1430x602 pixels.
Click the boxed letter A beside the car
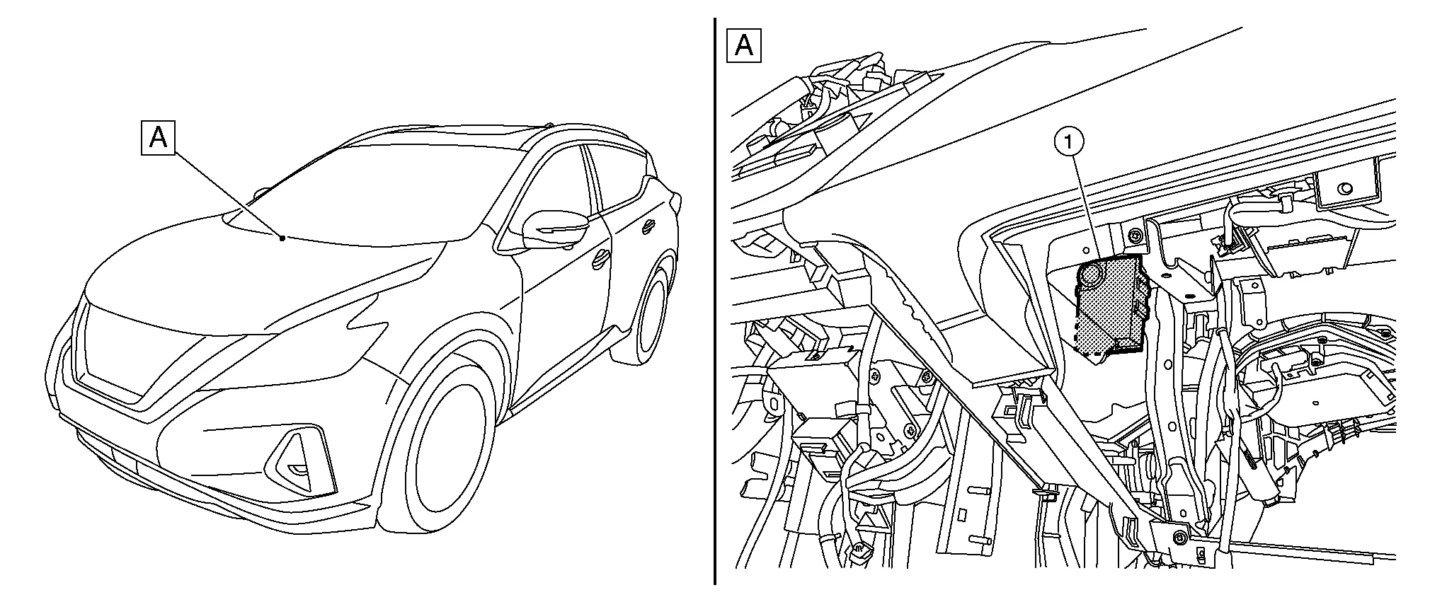tap(158, 137)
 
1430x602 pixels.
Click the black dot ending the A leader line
tap(282, 238)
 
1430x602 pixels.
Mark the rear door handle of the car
tap(648, 228)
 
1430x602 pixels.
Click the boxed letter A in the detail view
tap(743, 46)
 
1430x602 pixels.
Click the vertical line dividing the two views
tap(714, 301)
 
